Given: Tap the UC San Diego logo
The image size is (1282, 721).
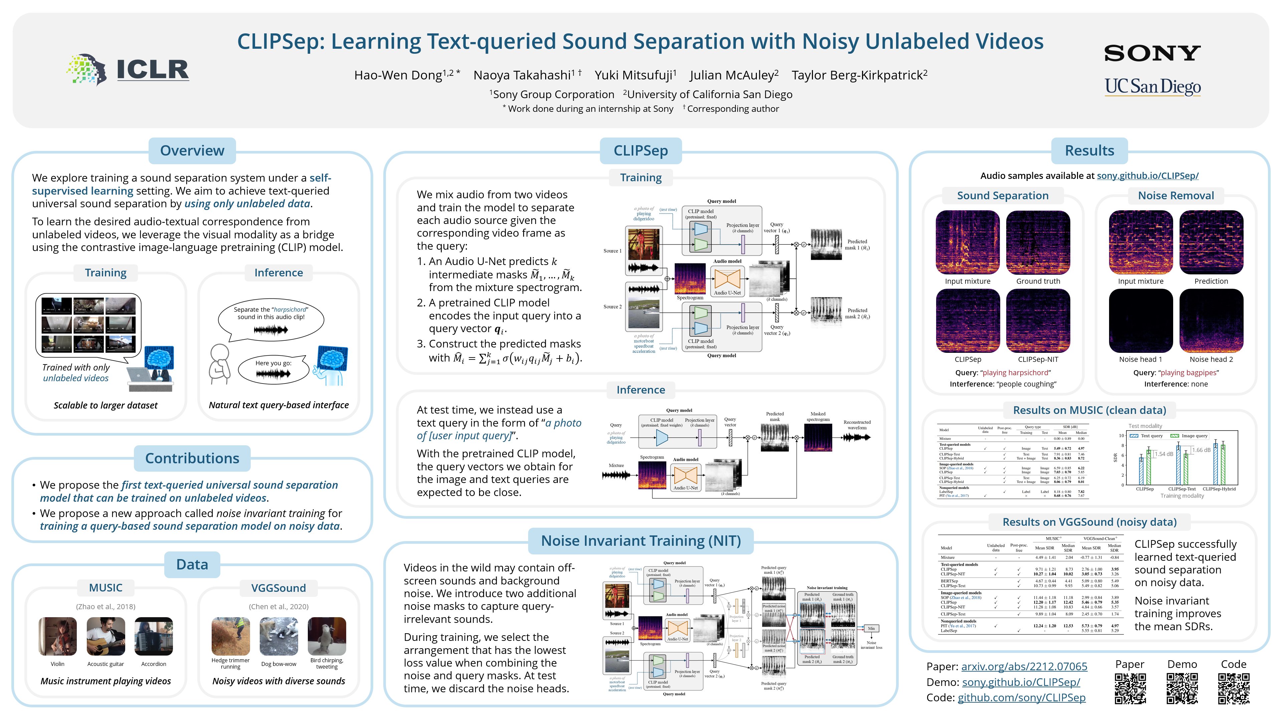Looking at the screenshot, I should [1152, 86].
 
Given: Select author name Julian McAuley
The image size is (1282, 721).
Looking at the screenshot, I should [733, 75].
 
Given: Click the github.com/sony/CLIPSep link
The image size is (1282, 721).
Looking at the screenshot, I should [1021, 698].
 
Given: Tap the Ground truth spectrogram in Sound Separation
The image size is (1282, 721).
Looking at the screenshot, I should [1038, 242].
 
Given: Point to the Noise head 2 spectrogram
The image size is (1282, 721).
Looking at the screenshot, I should [1211, 321].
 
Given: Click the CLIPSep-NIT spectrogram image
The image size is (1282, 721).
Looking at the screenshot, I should [1038, 321].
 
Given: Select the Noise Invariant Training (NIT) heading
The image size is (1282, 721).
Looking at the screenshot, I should [641, 541].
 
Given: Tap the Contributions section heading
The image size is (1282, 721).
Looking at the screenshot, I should [192, 458].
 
